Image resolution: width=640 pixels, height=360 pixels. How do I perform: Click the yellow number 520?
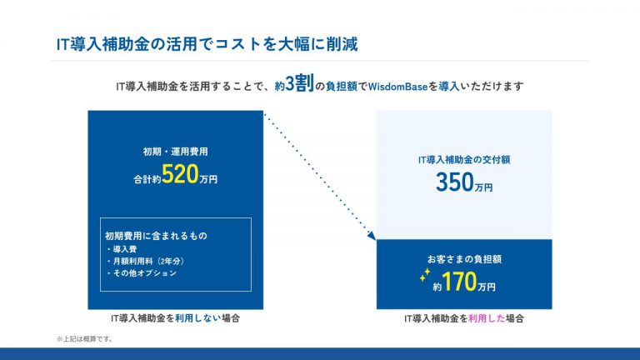point(180,174)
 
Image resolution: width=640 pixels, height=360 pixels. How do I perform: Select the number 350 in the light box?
point(455,182)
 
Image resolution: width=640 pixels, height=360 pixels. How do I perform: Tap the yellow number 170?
point(459,282)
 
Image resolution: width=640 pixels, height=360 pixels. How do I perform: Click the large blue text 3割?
point(300,83)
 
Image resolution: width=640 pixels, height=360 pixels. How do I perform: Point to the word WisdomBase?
point(398,87)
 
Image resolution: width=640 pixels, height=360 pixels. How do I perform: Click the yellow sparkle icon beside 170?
point(424,275)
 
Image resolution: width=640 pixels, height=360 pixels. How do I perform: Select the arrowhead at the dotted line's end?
point(372,236)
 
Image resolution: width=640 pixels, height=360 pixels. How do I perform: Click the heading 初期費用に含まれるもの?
point(156,236)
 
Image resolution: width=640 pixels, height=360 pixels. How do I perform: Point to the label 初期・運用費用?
point(176,152)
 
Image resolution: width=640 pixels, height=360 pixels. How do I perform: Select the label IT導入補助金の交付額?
point(464,160)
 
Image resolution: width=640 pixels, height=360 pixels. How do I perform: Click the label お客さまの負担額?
point(464,259)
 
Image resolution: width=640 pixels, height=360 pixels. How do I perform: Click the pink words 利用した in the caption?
point(487,318)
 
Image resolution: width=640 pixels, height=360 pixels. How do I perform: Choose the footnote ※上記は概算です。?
point(85,339)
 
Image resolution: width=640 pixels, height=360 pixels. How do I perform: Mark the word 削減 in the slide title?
point(342,44)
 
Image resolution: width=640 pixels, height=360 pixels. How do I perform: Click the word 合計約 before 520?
point(147,179)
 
